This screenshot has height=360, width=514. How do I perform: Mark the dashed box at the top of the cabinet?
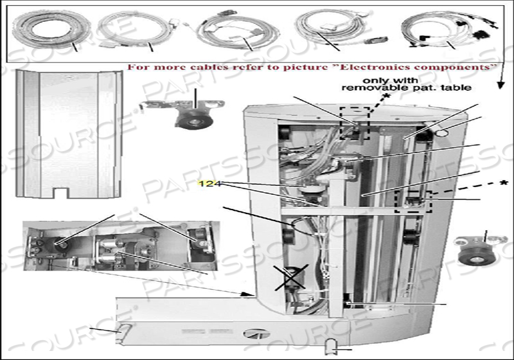[x=355, y=123]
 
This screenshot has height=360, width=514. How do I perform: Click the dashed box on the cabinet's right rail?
[x=412, y=202]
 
